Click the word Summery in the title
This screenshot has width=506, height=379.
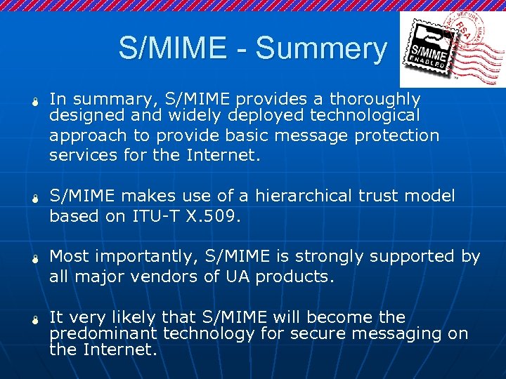pos(321,49)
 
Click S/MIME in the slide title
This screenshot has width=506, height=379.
pos(172,49)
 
